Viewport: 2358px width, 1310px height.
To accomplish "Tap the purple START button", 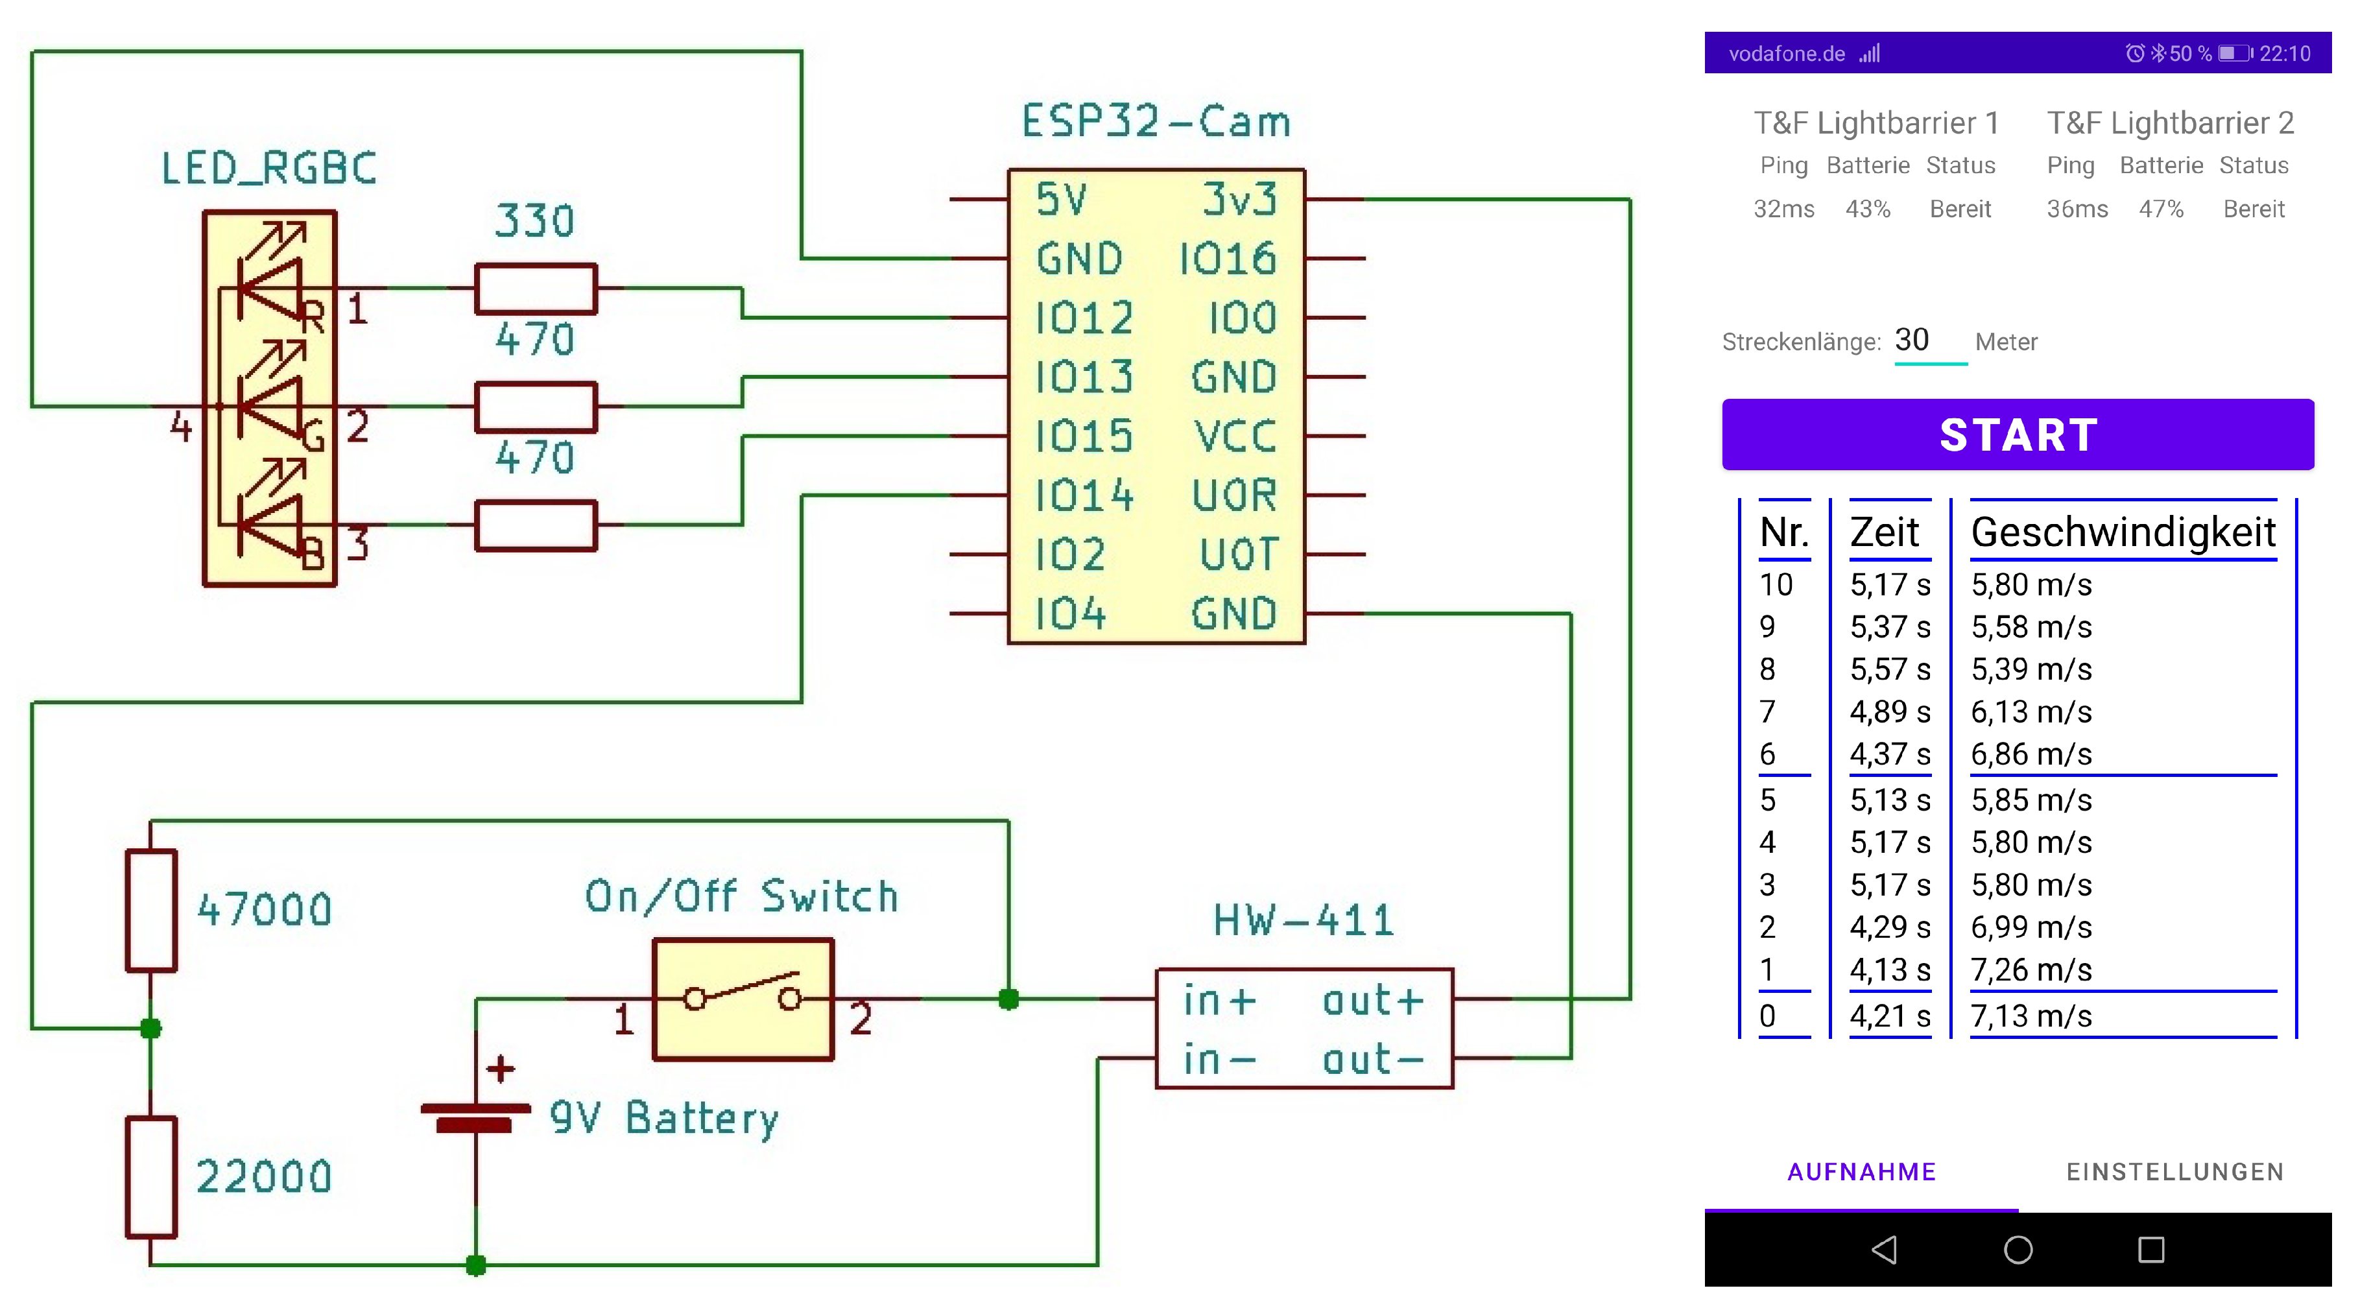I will pyautogui.click(x=2018, y=435).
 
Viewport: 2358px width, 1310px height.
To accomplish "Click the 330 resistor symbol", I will pyautogui.click(x=536, y=289).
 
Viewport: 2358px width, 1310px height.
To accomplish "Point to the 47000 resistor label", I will pyautogui.click(x=265, y=910).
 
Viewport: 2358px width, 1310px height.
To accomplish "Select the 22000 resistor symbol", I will pyautogui.click(x=151, y=1176).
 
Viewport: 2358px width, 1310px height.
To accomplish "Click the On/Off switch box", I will pyautogui.click(x=743, y=999).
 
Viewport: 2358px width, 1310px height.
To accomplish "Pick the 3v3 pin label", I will pyautogui.click(x=1239, y=200).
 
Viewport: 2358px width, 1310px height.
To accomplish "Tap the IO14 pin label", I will pyautogui.click(x=1084, y=496).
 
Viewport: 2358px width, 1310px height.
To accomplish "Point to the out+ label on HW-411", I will pyautogui.click(x=1372, y=1001).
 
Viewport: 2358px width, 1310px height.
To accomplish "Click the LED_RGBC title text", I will pyautogui.click(x=269, y=169).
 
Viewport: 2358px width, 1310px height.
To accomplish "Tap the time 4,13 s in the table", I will pyautogui.click(x=1889, y=970).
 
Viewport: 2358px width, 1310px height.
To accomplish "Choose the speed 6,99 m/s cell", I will pyautogui.click(x=2031, y=927).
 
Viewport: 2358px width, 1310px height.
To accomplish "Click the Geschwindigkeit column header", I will pyautogui.click(x=2123, y=532).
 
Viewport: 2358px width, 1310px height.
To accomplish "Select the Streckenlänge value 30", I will pyautogui.click(x=1912, y=340).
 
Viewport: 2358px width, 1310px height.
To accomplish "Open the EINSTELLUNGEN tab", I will pyautogui.click(x=2175, y=1172).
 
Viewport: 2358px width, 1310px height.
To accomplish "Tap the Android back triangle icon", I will pyautogui.click(x=1884, y=1250).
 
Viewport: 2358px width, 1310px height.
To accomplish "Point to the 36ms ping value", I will pyautogui.click(x=2077, y=209).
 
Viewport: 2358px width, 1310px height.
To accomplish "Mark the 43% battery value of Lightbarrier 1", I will pyautogui.click(x=1867, y=209).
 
